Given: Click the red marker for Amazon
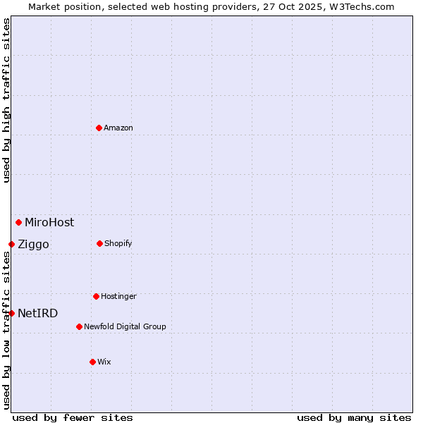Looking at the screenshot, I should click(x=99, y=128).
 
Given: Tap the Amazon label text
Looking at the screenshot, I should click(x=118, y=128).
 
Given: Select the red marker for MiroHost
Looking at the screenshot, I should click(x=18, y=222).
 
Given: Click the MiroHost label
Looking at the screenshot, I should click(x=49, y=223).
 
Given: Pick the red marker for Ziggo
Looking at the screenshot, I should click(x=11, y=244).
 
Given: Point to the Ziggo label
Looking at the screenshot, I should click(x=33, y=245).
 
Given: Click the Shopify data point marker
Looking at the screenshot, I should click(x=99, y=243).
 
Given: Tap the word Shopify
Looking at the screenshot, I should click(x=118, y=244).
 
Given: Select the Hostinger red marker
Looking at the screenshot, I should click(x=96, y=296).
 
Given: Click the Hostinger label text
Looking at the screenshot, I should click(x=118, y=297).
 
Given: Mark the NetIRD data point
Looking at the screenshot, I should click(x=11, y=313).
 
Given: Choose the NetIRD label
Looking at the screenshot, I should click(x=38, y=314).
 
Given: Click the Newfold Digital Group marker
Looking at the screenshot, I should click(x=79, y=326).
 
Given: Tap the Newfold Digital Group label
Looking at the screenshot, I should click(x=125, y=327).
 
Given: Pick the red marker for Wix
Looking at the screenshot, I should click(x=92, y=362).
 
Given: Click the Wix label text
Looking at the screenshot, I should click(x=104, y=362).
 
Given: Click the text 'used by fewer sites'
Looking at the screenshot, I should click(x=73, y=417).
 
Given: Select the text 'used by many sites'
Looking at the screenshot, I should click(x=354, y=417).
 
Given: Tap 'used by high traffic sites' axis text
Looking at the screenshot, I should click(x=6, y=100).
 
